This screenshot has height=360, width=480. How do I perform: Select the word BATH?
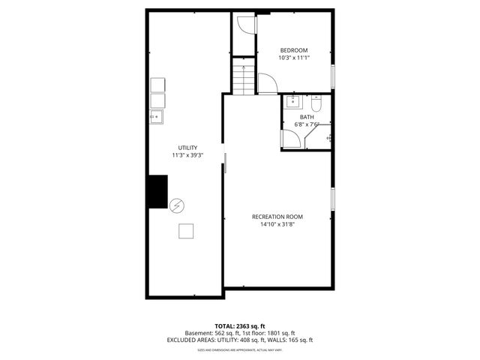coord(307,117)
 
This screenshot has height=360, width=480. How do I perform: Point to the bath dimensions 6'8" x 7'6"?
coord(307,124)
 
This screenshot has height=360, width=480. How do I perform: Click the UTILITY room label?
coord(187,148)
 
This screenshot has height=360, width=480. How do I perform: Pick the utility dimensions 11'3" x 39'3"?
coord(187,156)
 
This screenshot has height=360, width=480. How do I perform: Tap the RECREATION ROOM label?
coord(277,217)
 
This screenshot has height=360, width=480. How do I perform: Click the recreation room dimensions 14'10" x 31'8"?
coord(277,224)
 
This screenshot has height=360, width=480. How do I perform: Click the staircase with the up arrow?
coord(241,79)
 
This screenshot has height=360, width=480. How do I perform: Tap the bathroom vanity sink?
coord(293,102)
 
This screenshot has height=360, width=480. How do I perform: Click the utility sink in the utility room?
coord(157,116)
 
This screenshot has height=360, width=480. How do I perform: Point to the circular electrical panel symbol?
coord(177,205)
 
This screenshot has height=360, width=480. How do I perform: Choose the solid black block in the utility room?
coord(157,191)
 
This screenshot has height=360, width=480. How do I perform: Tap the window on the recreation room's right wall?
coord(333,201)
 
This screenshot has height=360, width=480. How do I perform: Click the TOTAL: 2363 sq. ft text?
coord(239,325)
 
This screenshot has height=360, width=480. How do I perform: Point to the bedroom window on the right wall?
coord(333,76)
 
